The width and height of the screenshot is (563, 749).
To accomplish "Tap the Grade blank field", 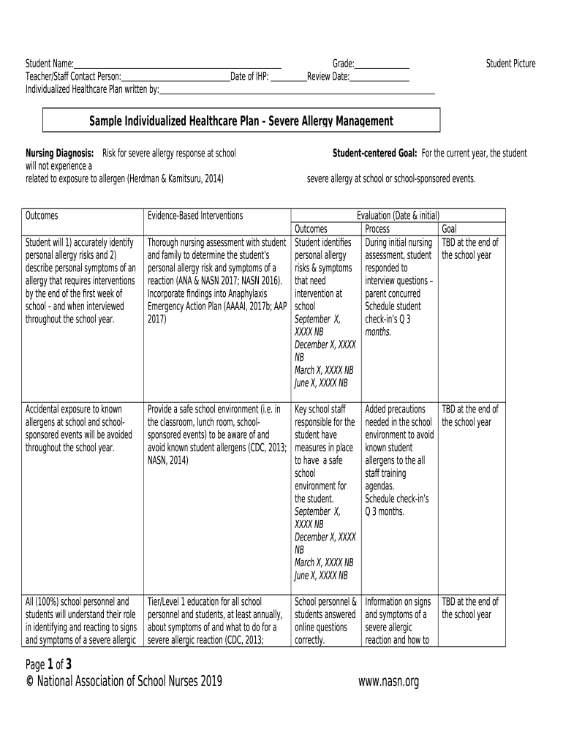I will click(382, 64).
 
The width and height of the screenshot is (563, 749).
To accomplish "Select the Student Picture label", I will click(510, 64).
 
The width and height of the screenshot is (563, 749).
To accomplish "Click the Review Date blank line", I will click(379, 76).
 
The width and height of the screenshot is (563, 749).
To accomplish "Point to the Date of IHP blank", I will click(288, 76).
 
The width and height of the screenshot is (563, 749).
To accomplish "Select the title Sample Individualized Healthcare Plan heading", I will click(241, 121).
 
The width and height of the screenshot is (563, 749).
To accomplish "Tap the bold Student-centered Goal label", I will click(374, 154).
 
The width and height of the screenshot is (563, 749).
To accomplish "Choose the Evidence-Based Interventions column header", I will click(195, 216).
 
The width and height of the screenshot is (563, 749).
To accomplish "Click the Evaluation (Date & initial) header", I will click(398, 216).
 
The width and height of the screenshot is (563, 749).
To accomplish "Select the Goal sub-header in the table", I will click(448, 229).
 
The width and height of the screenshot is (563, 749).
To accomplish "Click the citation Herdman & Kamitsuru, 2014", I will click(175, 178).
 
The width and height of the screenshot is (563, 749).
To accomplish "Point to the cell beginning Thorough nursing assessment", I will click(216, 281).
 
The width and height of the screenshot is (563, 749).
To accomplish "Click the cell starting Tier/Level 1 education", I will click(216, 621).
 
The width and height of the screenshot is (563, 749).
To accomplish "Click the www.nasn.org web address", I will click(388, 682).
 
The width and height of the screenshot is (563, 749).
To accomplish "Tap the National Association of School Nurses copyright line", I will click(124, 682).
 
